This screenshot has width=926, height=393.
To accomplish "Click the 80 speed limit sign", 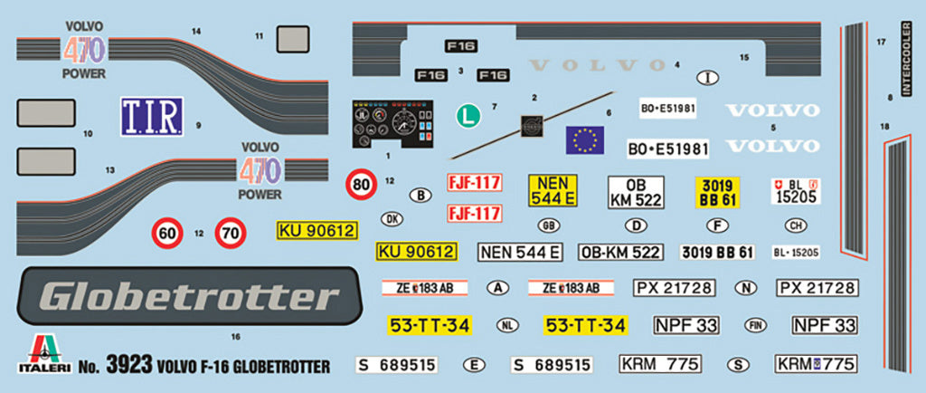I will (x=362, y=186).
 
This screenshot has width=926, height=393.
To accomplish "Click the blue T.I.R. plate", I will (x=151, y=117).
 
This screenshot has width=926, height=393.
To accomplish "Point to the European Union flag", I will (x=585, y=140).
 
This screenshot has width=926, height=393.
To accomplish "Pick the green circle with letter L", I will (x=467, y=115).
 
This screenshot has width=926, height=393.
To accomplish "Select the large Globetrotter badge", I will (x=179, y=295).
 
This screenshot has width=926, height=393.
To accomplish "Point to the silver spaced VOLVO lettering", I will (x=600, y=65).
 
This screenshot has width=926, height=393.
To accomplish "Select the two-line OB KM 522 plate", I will (x=637, y=193).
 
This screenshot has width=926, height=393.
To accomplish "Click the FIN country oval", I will (x=755, y=324).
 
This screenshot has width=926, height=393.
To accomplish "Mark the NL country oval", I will (x=507, y=324).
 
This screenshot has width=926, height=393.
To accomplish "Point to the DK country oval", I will (x=392, y=218).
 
